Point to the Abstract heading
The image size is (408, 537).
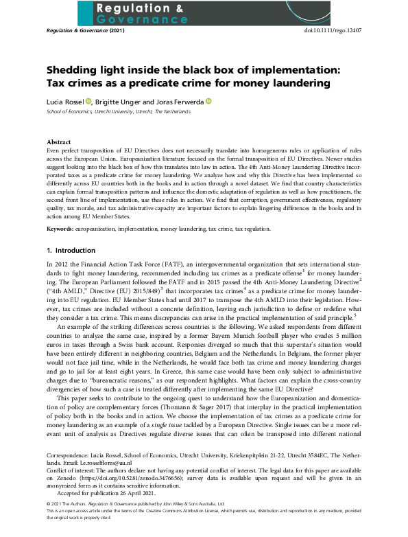pyautogui.click(x=59, y=141)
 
